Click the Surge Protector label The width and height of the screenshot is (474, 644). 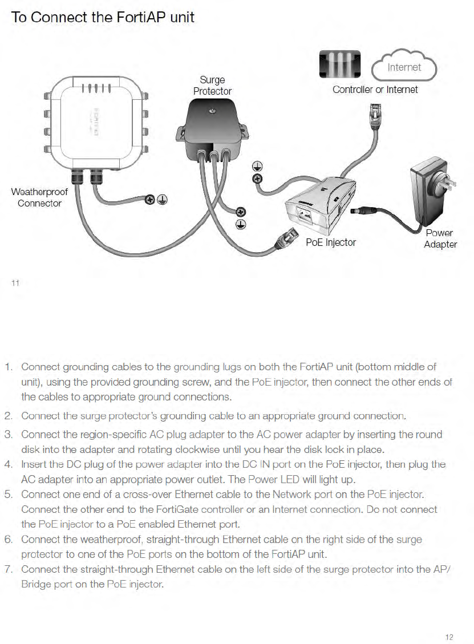(x=212, y=86)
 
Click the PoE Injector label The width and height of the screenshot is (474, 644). (x=330, y=242)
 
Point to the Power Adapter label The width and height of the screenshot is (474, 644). (x=440, y=238)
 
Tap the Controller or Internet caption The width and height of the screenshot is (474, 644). (x=375, y=90)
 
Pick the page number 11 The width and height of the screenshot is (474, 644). (x=16, y=282)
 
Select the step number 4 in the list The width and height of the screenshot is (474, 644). (x=9, y=465)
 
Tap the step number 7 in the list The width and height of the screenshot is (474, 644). (x=9, y=569)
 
